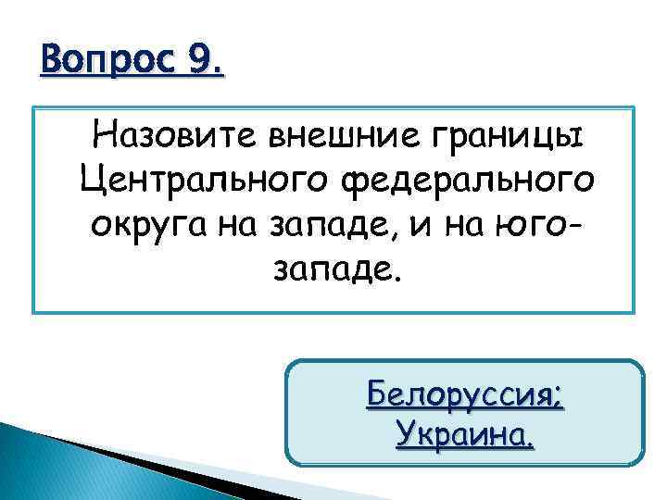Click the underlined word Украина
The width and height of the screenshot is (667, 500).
pyautogui.click(x=461, y=432)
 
